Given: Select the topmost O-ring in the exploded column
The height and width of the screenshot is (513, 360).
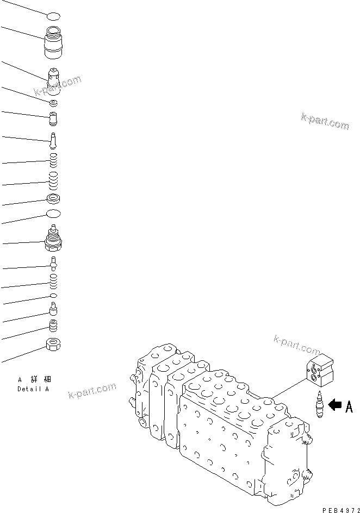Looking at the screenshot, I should [x=53, y=17].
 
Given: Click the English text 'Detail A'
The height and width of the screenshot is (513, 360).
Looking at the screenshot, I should [x=33, y=389].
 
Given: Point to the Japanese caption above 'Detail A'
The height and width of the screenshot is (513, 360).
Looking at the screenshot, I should [x=34, y=379].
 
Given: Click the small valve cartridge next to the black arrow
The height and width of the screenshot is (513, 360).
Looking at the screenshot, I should [x=319, y=405].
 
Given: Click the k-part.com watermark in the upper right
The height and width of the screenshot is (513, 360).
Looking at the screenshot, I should [x=324, y=121].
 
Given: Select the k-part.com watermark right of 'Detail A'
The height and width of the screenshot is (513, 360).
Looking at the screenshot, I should [x=92, y=390].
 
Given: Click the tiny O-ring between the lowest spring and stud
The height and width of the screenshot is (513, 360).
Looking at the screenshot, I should [x=53, y=295].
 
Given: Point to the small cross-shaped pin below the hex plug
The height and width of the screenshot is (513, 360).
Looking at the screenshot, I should [x=53, y=264].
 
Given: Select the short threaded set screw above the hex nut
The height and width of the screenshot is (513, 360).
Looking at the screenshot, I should [x=53, y=326].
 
